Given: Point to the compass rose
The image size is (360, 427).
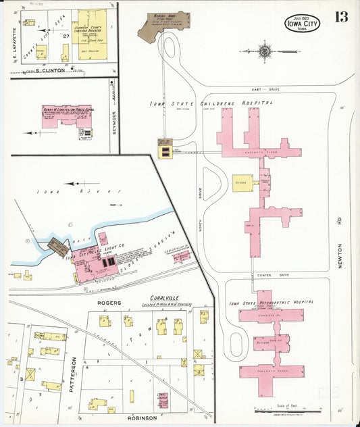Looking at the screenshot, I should click(x=265, y=50).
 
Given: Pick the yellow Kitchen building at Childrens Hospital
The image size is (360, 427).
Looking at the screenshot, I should click(x=242, y=182).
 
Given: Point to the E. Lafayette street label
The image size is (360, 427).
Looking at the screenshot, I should click(x=14, y=51).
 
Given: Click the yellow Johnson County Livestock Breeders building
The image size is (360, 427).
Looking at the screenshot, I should click(x=90, y=34).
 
